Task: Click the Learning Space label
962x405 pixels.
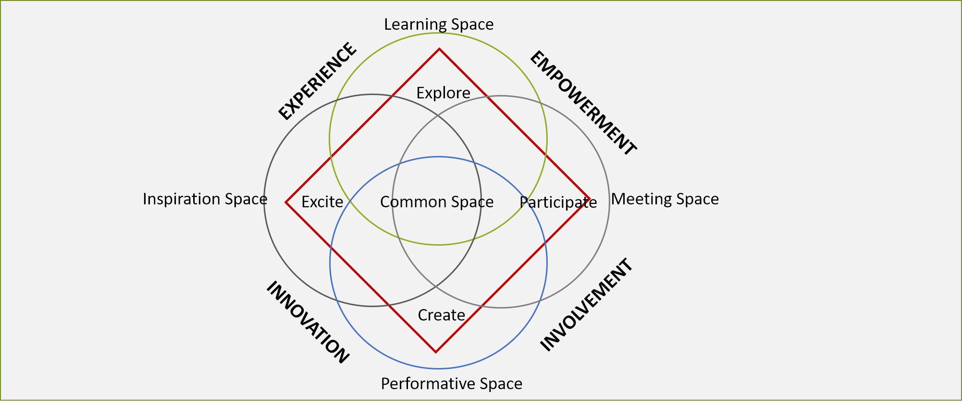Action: (x=438, y=24)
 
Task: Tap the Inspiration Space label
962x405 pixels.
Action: (x=205, y=199)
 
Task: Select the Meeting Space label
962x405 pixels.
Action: (x=665, y=199)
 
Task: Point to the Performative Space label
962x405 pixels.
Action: (x=451, y=384)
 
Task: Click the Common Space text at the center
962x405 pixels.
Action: (x=437, y=202)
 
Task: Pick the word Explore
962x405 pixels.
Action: (x=443, y=93)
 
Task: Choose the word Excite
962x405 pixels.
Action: (x=322, y=202)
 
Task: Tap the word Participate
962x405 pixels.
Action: (x=558, y=202)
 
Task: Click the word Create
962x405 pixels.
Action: (x=441, y=315)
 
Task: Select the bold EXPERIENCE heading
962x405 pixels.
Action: (x=318, y=81)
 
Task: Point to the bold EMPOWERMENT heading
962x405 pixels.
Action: (x=583, y=103)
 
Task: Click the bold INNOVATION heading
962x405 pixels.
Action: (x=308, y=322)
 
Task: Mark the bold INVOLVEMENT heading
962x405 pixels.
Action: (x=587, y=305)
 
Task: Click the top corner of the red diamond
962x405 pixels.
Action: (x=439, y=49)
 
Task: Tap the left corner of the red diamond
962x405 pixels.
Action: (x=286, y=202)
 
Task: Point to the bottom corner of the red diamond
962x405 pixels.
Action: (x=436, y=352)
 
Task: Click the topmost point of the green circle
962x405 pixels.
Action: (x=438, y=34)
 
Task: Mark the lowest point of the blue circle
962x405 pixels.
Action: (x=438, y=369)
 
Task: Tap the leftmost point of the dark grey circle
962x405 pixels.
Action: (x=264, y=200)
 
